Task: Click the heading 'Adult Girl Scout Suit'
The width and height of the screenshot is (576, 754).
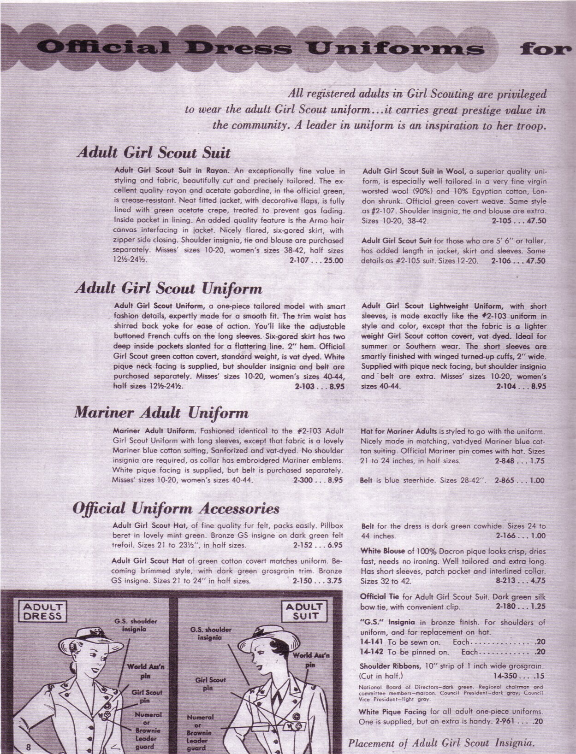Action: pos(153,153)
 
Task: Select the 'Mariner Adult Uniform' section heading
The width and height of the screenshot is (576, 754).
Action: pos(161,412)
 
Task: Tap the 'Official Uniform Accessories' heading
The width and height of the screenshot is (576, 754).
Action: pos(176,508)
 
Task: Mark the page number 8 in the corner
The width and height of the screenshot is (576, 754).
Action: pos(29,747)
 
